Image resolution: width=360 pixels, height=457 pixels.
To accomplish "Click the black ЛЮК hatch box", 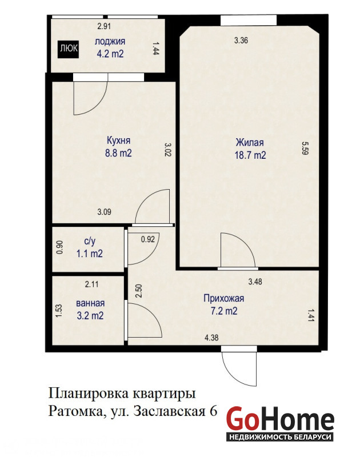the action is (x=68, y=48).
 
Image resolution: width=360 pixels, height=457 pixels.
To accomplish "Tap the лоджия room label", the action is (x=110, y=41).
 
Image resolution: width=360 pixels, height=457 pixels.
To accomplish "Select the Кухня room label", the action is (x=118, y=141).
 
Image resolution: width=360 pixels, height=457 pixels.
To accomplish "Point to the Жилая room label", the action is (x=250, y=142).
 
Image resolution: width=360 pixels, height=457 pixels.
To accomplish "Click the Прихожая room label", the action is (x=223, y=298).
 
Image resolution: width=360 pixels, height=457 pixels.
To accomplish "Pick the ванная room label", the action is (x=90, y=303).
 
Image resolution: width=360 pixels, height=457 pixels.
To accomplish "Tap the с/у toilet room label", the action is (x=90, y=242).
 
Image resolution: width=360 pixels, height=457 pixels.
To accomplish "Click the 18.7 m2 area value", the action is (x=250, y=155).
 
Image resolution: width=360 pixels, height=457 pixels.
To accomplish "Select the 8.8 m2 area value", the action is (x=118, y=153).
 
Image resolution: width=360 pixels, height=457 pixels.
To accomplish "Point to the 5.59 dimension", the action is (x=305, y=148).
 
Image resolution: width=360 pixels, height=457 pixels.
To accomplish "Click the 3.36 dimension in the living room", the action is (x=241, y=40).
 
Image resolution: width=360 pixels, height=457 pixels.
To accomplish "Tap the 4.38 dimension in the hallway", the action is (x=211, y=338).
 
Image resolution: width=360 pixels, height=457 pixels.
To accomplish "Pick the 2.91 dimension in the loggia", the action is (x=104, y=26).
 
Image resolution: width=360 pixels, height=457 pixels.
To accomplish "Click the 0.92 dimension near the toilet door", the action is (x=148, y=239).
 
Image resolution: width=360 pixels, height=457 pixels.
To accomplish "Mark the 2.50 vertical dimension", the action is (x=139, y=291).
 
